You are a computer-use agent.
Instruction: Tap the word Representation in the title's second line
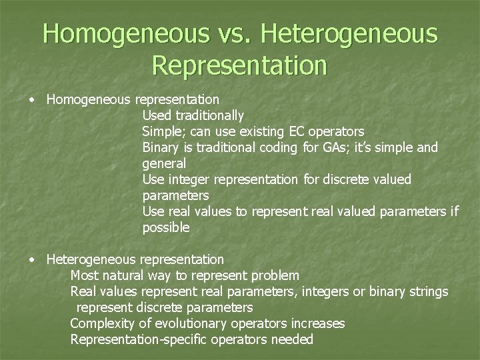point(240,65)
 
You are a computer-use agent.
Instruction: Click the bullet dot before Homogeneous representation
point(32,100)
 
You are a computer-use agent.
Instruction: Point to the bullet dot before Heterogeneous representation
point(32,259)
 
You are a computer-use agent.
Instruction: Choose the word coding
point(281,147)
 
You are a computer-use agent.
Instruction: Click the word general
point(164,163)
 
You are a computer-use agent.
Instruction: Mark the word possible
point(166,227)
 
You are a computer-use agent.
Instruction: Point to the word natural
point(144,275)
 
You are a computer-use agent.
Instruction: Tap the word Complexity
point(101,323)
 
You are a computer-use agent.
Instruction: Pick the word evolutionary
point(188,323)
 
